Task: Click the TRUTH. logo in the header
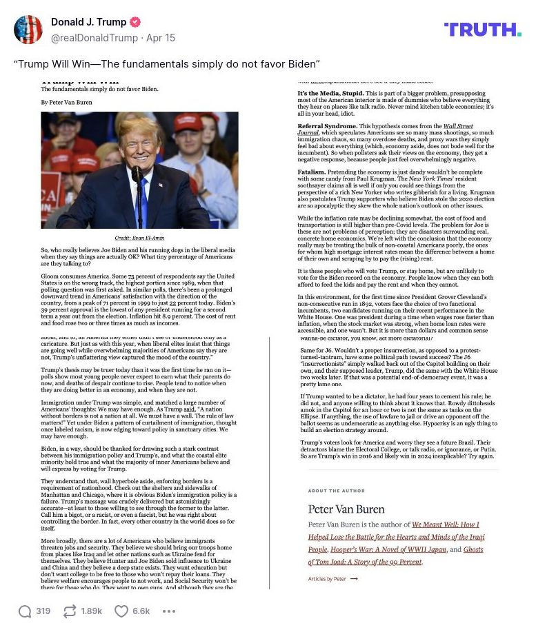coord(482,30)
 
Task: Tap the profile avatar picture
coord(28,30)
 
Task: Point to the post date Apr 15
coord(161,38)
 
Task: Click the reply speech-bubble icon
coord(25,611)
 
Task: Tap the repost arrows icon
coord(69,611)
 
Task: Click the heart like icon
coord(121,611)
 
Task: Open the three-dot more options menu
coord(169,611)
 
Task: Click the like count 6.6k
coord(141,611)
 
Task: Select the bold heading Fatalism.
coord(312,171)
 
